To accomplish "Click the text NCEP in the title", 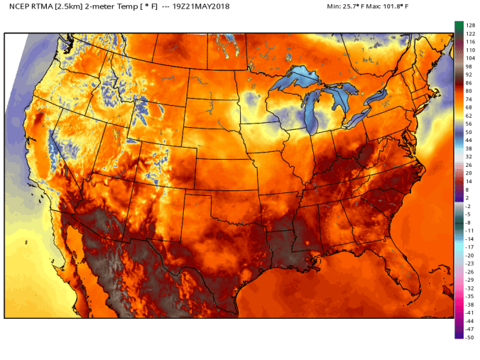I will pyautogui.click(x=18, y=6).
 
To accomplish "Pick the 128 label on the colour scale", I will pyautogui.click(x=469, y=25).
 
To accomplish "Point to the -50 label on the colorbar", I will pyautogui.click(x=469, y=337).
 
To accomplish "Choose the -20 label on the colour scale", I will pyautogui.click(x=469, y=255).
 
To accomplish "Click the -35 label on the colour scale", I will pyautogui.click(x=469, y=296).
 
